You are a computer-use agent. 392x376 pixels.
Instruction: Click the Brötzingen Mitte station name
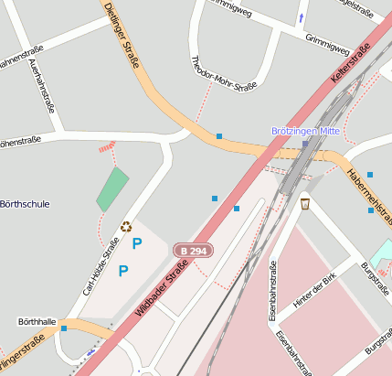tap(305, 131)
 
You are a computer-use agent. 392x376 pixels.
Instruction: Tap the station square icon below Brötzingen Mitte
tap(305, 144)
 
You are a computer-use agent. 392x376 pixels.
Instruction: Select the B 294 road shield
tap(194, 251)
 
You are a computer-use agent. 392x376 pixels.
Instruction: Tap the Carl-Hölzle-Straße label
tap(101, 267)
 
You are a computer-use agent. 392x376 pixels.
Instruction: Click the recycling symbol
tap(126, 227)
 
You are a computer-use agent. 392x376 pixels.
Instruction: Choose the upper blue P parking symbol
tap(137, 243)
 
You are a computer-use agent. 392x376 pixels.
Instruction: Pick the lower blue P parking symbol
tap(123, 270)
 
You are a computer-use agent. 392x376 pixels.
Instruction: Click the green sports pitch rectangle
tap(112, 189)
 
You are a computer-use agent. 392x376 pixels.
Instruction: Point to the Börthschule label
tap(26, 204)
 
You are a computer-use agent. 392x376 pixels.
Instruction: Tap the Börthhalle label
tap(37, 322)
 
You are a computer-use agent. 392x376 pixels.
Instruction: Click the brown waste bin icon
tap(305, 203)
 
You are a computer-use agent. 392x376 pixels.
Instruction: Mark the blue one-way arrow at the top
tap(302, 18)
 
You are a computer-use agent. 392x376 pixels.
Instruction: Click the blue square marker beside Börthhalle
tap(63, 328)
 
